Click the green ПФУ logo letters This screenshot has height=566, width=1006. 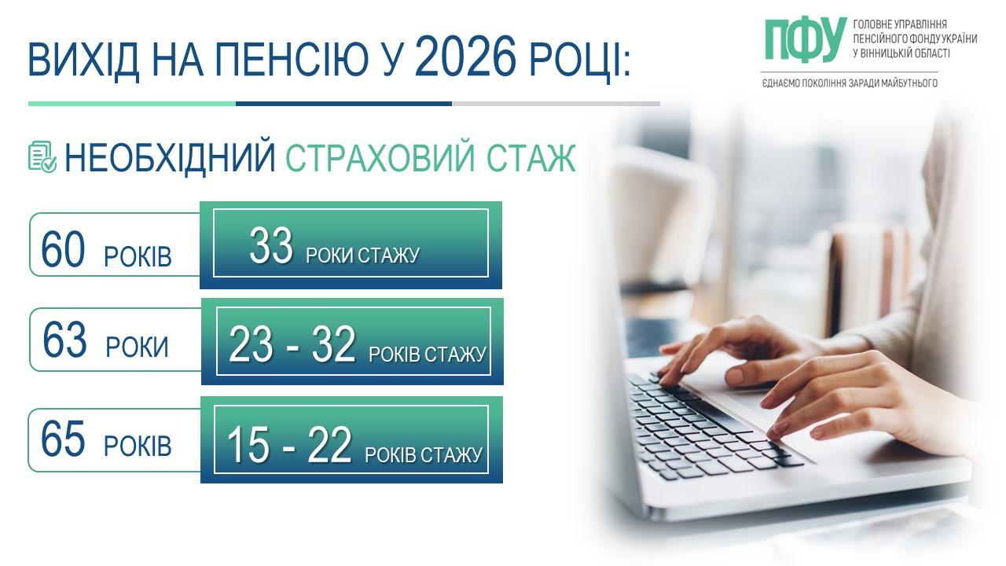point(806,40)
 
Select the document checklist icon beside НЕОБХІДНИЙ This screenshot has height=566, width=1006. point(42,156)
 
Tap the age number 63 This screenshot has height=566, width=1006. point(64,340)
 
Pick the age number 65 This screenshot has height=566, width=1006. point(62,439)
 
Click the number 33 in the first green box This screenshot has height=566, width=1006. point(271,245)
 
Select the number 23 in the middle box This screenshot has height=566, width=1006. point(250,344)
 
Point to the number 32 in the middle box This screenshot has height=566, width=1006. point(334,344)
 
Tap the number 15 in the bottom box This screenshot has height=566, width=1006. point(248,445)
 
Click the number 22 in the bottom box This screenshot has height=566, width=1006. point(329,445)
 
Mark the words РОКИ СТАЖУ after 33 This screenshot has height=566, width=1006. point(362,255)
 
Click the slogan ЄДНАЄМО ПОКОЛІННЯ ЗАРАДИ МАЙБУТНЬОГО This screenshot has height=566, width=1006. point(850,83)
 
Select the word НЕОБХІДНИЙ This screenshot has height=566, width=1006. point(170,158)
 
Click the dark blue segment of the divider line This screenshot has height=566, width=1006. point(343,104)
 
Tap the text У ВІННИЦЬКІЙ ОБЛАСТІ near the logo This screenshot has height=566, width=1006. point(901,53)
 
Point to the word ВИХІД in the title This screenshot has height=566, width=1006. point(83,61)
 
